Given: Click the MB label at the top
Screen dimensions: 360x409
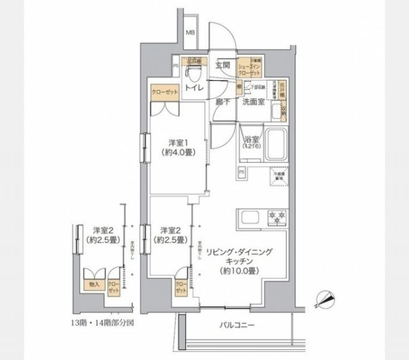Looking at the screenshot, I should pyautogui.click(x=191, y=33).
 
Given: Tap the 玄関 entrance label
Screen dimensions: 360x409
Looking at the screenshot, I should pyautogui.click(x=222, y=64).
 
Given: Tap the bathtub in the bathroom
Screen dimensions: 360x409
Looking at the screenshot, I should pyautogui.click(x=276, y=147).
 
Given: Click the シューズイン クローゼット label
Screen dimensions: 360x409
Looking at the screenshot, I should pyautogui.click(x=249, y=68).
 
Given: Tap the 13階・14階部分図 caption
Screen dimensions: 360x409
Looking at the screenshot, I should pyautogui.click(x=103, y=323).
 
